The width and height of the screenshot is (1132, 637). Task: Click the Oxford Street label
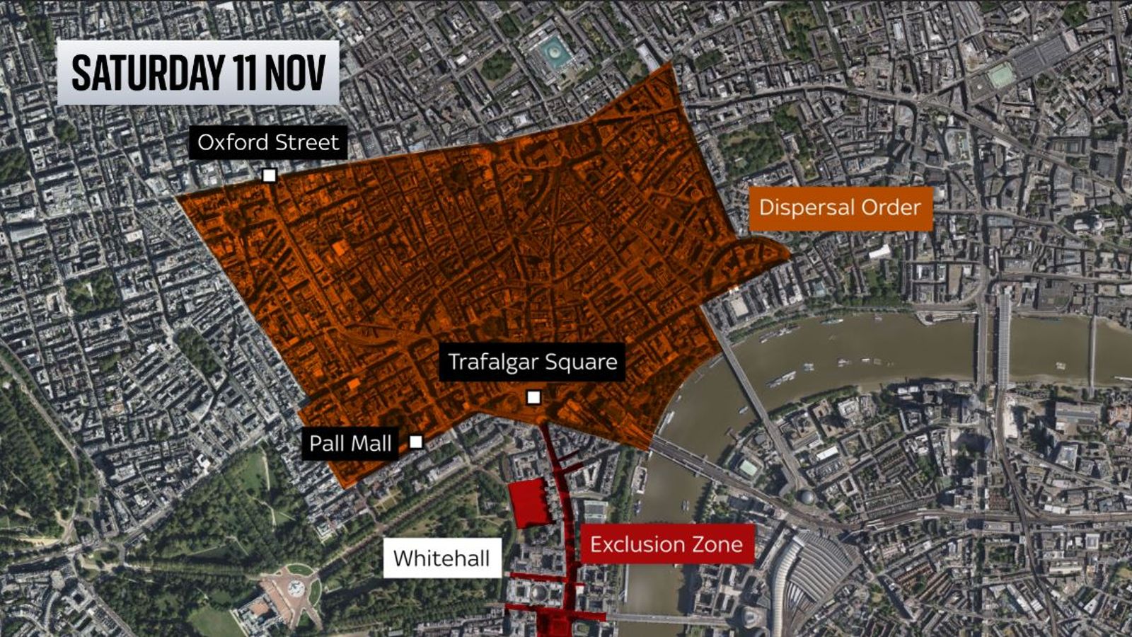[268, 142]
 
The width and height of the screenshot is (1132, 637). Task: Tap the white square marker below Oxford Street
[269, 176]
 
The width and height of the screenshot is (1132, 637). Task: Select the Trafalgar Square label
[532, 362]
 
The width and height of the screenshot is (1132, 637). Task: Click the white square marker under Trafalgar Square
[533, 397]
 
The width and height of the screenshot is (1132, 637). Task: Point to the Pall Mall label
[350, 443]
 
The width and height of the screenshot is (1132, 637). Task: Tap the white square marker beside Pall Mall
[416, 442]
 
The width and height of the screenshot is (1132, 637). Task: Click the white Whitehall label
[441, 558]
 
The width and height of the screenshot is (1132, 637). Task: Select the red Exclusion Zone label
[666, 544]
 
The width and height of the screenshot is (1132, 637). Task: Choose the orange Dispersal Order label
[840, 207]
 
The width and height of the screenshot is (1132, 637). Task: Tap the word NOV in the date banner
[295, 73]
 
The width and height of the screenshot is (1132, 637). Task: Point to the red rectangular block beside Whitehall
[530, 503]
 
